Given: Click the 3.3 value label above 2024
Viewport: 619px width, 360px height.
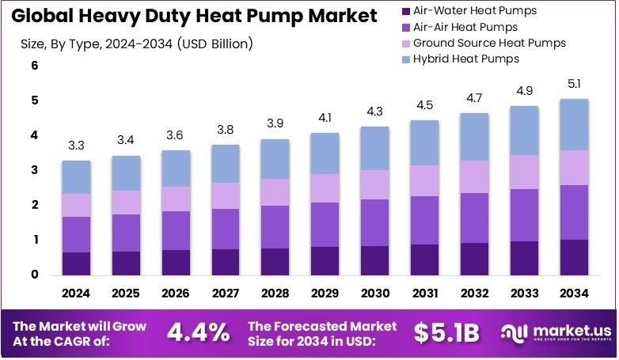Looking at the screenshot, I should [76, 146].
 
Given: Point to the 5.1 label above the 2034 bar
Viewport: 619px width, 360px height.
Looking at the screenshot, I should [575, 84].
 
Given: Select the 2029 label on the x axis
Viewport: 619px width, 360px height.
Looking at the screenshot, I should [325, 294].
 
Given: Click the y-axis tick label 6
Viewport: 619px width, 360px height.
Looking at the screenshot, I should [35, 66].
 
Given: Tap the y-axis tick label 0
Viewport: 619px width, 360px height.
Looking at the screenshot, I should [35, 275].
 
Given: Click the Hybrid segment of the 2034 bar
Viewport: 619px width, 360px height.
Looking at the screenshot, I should [575, 124].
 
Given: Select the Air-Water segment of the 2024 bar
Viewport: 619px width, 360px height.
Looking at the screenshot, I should [76, 263].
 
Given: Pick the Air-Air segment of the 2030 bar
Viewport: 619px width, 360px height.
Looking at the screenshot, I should [375, 222].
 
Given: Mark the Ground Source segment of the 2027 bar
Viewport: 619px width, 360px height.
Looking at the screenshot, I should [226, 195].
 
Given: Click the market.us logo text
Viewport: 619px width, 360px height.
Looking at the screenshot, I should [563, 329].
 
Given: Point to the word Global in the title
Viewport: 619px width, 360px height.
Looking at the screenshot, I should [47, 14].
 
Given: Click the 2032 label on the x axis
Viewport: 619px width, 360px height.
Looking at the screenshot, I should [475, 294].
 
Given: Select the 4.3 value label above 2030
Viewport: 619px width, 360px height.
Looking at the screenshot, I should [375, 112].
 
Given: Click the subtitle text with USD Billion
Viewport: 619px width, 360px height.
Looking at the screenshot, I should [136, 44].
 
